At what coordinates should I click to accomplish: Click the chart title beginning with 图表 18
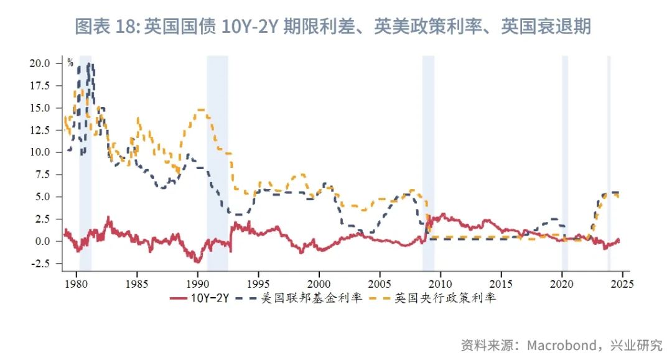(333, 27)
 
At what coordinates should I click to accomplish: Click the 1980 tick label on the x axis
(76, 283)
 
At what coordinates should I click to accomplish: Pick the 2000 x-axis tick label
(319, 283)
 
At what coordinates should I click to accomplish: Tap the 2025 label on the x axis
(622, 283)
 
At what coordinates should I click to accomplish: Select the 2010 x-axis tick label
(440, 283)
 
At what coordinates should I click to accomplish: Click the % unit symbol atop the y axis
(70, 63)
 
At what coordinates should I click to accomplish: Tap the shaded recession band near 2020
(565, 162)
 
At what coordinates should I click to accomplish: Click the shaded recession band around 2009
(428, 162)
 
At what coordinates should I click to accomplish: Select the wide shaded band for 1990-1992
(217, 162)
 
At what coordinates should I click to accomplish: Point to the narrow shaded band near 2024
(609, 162)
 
